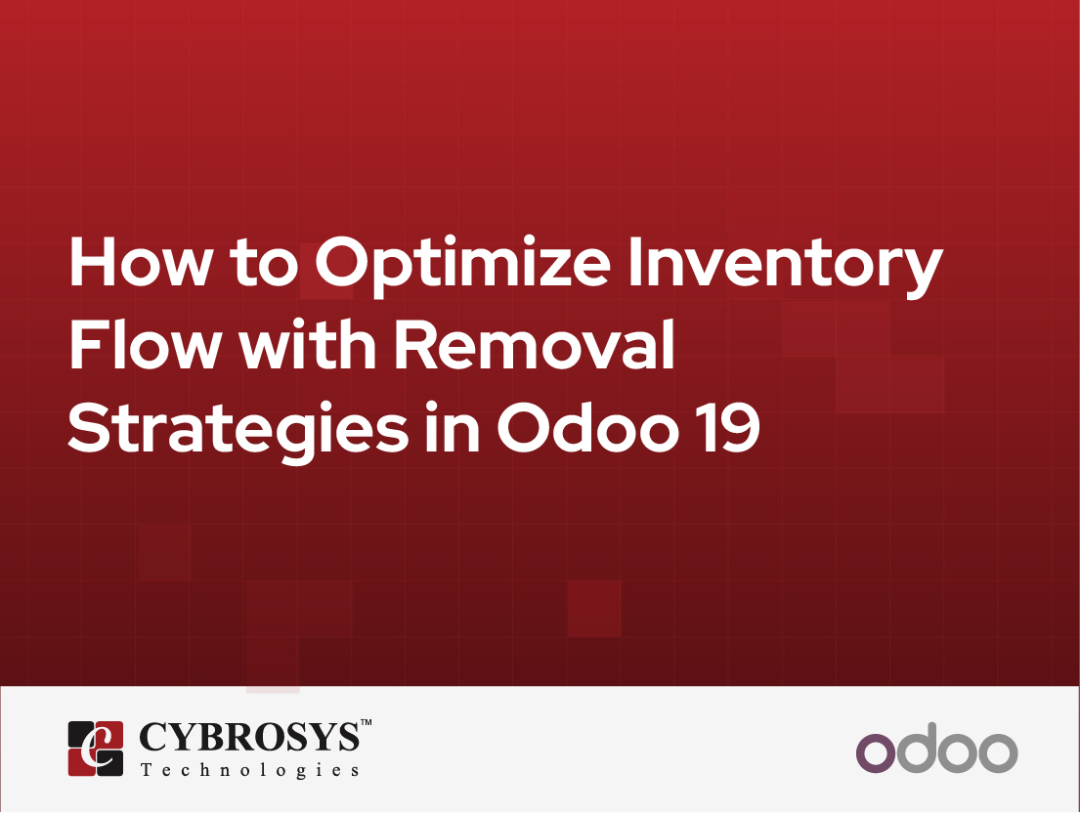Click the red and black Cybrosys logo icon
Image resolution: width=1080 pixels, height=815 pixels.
tap(96, 749)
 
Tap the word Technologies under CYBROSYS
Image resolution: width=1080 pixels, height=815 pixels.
tap(249, 771)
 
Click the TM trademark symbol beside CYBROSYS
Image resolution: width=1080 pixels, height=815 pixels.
tap(367, 724)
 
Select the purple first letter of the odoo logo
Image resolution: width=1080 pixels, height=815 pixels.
tap(875, 754)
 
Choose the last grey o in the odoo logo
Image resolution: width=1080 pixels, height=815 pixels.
tap(998, 754)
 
